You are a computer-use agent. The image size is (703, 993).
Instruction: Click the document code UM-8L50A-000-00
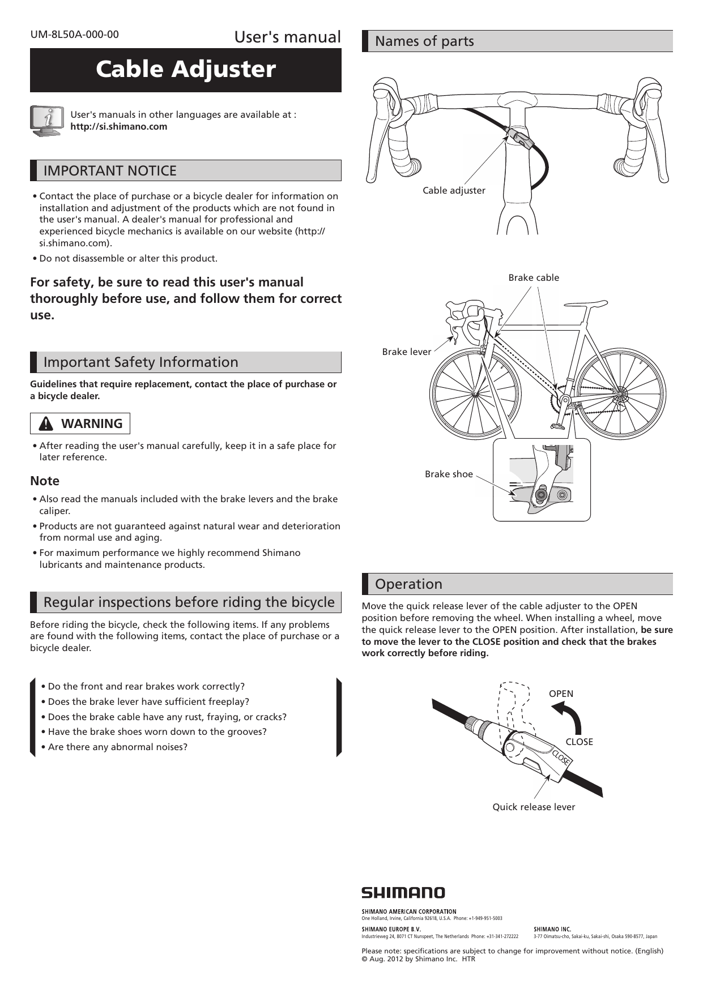[x=75, y=35]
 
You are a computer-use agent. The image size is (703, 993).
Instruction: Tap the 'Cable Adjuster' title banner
[x=186, y=70]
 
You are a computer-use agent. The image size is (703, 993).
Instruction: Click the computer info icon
[x=46, y=121]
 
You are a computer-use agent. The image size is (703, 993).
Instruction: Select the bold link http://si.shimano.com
[x=118, y=126]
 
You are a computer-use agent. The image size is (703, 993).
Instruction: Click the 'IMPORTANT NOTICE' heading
[x=110, y=170]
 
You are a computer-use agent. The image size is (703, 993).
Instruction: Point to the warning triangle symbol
[x=47, y=424]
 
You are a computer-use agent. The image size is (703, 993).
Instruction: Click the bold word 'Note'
[x=45, y=481]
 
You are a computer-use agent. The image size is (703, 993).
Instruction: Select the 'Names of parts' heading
[x=424, y=41]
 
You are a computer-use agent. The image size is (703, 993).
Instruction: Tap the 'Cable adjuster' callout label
[x=454, y=191]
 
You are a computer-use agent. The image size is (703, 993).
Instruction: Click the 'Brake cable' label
[x=534, y=277]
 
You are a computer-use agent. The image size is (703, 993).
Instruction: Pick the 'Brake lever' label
[x=406, y=352]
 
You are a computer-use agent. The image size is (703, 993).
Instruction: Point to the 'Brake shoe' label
[x=449, y=474]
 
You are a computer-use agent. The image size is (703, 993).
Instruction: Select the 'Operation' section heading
[x=408, y=584]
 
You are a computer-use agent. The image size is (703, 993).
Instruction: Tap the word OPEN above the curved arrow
[x=561, y=694]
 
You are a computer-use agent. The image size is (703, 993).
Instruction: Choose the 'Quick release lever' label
[x=534, y=807]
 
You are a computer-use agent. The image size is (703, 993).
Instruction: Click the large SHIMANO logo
[x=403, y=893]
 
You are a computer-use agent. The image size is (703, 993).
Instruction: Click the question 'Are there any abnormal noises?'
[x=117, y=747]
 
